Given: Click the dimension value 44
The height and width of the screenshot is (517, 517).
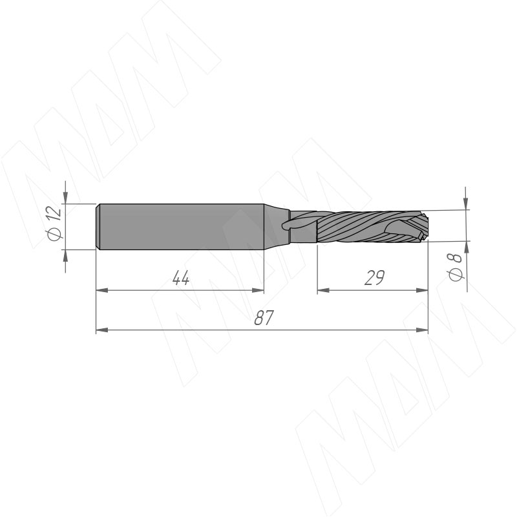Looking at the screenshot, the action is [x=181, y=278].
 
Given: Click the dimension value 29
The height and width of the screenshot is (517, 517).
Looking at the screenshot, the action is [x=375, y=278].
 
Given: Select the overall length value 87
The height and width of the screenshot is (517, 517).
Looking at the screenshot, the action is [x=264, y=317].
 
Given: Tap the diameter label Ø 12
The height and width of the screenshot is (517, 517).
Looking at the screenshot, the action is [x=55, y=223].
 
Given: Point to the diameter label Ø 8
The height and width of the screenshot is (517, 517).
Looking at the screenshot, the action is [x=456, y=267].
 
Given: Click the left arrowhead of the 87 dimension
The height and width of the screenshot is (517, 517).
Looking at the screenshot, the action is [x=102, y=330].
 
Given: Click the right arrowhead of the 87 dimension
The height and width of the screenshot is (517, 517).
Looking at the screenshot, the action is [x=422, y=330].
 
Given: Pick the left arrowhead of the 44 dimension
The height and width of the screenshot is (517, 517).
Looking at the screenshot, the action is [x=102, y=290].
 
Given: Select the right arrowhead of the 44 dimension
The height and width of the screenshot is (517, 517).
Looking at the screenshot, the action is [x=258, y=290].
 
